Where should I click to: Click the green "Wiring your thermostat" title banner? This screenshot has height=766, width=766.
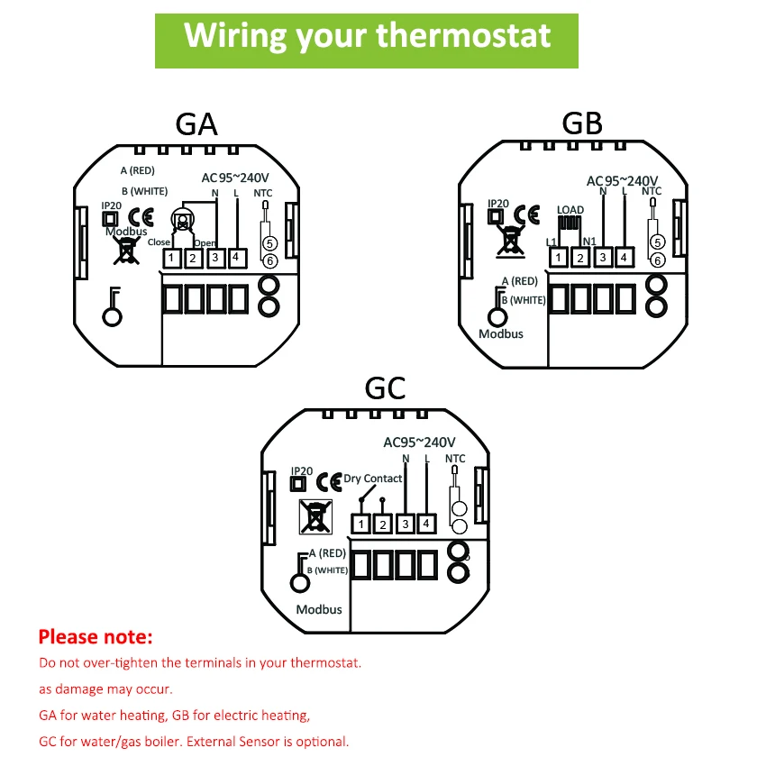coord(367,36)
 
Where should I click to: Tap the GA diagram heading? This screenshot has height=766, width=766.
coord(196,124)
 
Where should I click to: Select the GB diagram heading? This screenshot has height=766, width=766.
coord(581,123)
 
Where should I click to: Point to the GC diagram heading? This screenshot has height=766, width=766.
coord(386,388)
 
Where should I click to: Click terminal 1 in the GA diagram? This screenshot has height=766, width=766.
coord(171,259)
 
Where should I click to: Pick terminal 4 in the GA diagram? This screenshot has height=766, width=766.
coord(236,258)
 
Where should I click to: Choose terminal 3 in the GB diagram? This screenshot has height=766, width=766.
coord(602,259)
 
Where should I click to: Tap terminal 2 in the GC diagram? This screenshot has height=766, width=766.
coord(382,524)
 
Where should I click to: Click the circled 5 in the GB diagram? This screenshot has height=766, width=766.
coord(657,242)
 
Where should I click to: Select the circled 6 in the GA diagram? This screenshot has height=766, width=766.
coord(269,260)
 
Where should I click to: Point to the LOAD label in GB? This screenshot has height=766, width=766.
coord(570,210)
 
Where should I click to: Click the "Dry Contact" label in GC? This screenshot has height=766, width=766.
coord(373,479)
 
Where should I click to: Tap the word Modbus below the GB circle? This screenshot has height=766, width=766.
coord(501,333)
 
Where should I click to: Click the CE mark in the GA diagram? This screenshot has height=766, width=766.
coord(141,217)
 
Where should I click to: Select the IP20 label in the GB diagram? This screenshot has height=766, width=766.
coord(497,205)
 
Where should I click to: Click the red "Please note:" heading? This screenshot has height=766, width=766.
coord(96,637)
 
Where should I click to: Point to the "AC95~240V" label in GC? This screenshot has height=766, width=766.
coord(420,442)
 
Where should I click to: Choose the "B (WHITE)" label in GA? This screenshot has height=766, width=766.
coord(144,190)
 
